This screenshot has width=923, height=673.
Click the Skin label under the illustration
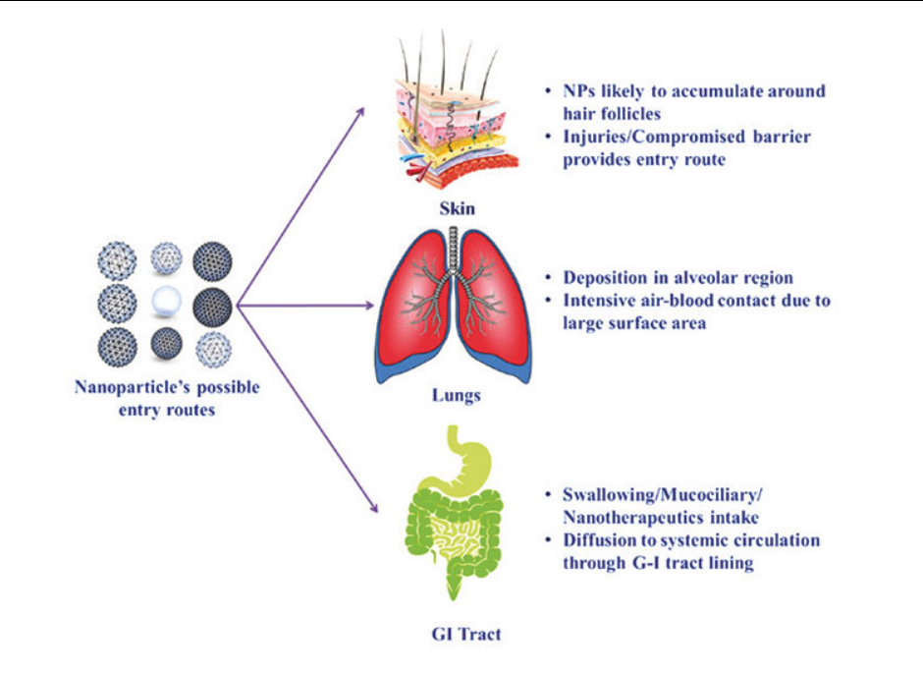(457, 208)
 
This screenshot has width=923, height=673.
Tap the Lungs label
(457, 395)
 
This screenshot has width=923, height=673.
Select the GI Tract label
(466, 634)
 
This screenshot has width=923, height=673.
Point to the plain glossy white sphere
(166, 302)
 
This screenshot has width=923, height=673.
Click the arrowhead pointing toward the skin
(359, 113)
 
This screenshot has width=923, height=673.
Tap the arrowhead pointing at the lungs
(369, 305)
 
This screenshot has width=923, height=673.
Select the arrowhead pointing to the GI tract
(372, 506)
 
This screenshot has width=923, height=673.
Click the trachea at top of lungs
(453, 251)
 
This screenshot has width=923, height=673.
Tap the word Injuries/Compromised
(646, 137)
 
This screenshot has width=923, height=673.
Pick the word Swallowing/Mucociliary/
(663, 494)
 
